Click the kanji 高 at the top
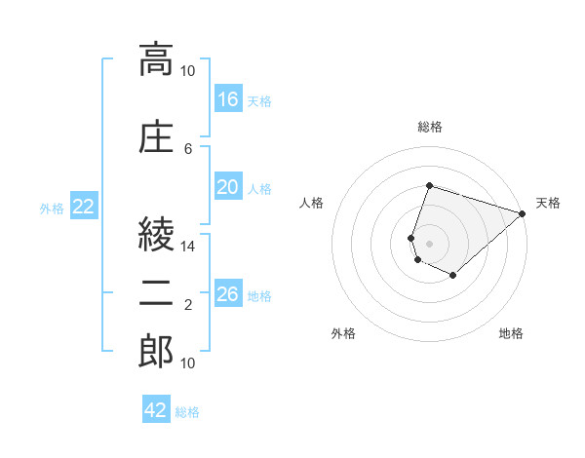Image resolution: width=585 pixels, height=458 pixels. [156, 59]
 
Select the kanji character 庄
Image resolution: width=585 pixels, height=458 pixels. [156, 136]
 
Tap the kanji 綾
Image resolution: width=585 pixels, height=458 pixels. [156, 234]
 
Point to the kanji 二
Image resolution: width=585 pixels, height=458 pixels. [156, 293]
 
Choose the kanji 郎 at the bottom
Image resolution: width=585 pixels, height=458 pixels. [156, 351]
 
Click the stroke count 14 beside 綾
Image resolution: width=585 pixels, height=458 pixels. [187, 247]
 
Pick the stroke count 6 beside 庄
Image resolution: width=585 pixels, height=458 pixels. [188, 149]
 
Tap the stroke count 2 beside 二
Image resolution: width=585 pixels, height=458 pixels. [188, 305]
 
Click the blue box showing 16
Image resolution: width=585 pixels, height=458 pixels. [228, 98]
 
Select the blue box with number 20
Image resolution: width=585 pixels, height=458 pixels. [228, 186]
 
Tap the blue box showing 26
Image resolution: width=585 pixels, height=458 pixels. [228, 292]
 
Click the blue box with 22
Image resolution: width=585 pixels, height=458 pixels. [84, 206]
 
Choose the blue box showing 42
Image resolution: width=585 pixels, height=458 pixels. [156, 408]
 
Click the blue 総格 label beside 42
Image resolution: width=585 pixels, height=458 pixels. [187, 412]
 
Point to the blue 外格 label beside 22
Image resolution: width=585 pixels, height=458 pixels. [52, 209]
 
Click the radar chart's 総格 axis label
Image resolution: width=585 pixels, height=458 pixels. [430, 127]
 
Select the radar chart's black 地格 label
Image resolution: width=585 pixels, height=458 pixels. [511, 333]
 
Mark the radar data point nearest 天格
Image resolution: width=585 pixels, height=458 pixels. [523, 213]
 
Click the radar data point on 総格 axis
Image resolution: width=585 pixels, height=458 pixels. [429, 185]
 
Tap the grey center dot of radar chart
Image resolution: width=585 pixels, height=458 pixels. [429, 244]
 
